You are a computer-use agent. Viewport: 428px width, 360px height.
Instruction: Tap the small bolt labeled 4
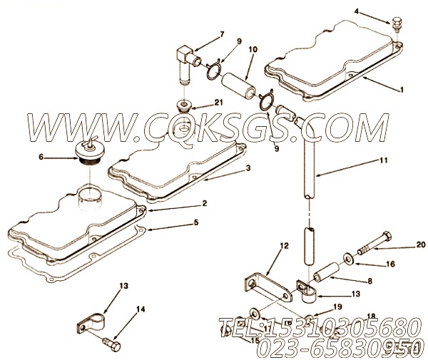click(393, 26)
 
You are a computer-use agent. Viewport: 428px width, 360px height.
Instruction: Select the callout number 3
click(248, 169)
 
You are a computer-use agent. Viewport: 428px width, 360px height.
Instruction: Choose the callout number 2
click(204, 203)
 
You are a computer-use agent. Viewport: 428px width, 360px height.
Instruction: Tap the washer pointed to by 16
click(345, 256)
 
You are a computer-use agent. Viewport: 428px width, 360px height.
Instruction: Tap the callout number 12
click(284, 246)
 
